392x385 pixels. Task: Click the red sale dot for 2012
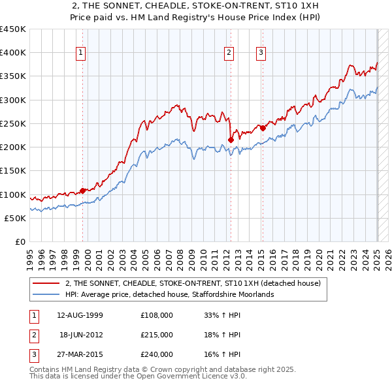pos(231,139)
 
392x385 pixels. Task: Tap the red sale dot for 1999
pos(83,191)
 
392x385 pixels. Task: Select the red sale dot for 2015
pos(263,128)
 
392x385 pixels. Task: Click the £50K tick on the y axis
pos(15,218)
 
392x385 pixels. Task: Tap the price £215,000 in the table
pos(157,335)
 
